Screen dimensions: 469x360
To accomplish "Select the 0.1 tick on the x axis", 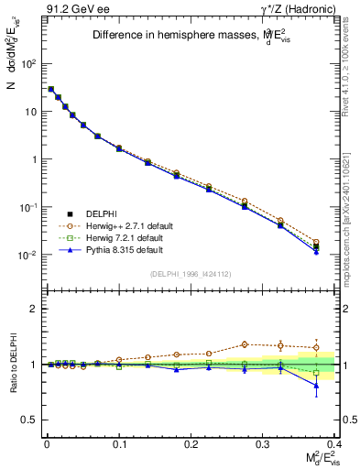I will coord(119,442).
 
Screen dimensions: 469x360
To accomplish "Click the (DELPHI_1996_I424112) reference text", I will coord(189,274).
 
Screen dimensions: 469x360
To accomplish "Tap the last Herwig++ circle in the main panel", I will coord(316,242).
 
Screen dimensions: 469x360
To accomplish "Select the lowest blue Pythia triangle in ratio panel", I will coord(316,386).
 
